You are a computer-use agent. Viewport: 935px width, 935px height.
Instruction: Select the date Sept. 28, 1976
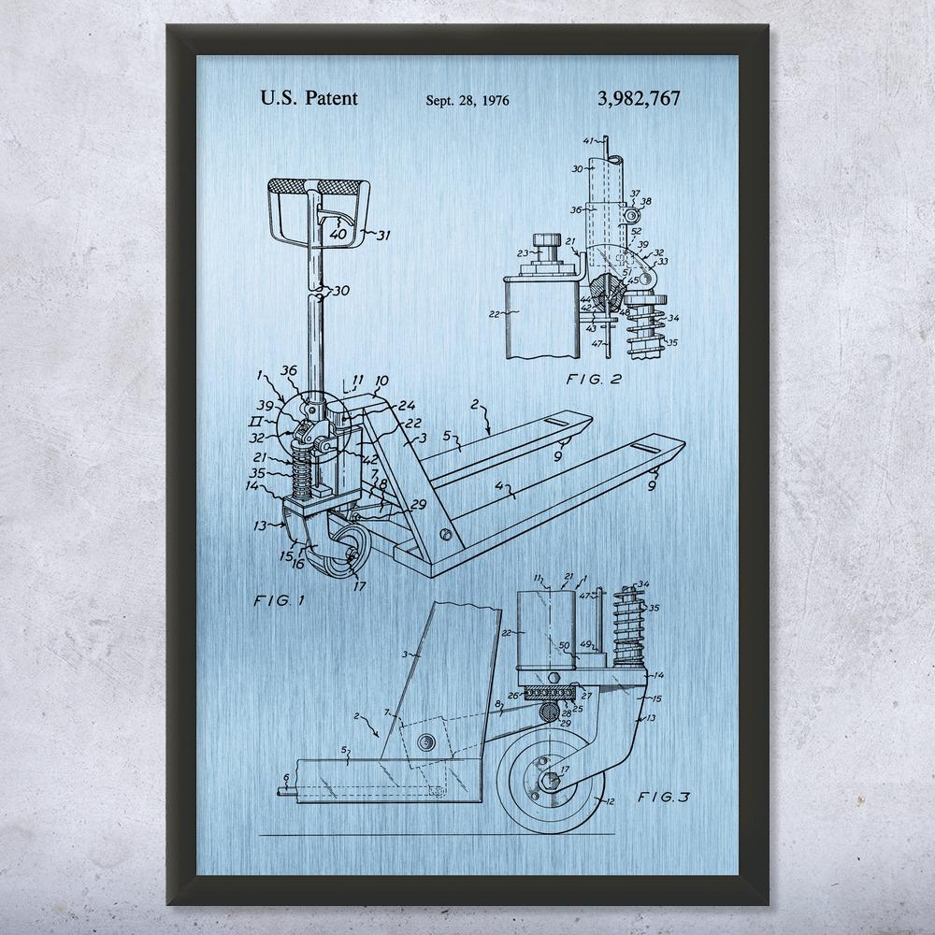pyautogui.click(x=467, y=100)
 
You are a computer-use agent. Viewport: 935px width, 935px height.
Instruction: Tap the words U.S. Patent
pyautogui.click(x=308, y=97)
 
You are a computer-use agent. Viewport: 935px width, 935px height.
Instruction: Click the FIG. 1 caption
pyautogui.click(x=280, y=600)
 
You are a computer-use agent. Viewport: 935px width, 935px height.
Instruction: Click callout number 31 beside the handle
pyautogui.click(x=381, y=235)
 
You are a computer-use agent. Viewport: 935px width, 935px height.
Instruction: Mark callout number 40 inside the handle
pyautogui.click(x=337, y=234)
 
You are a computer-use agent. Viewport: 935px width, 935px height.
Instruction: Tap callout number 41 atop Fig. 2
pyautogui.click(x=588, y=141)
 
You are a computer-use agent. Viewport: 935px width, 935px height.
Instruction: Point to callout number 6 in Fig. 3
pyautogui.click(x=285, y=777)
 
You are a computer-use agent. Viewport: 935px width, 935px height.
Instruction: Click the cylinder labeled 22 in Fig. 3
pyautogui.click(x=545, y=633)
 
